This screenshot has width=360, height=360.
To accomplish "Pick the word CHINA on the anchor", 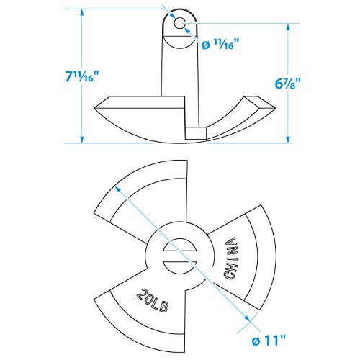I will coord(230,258).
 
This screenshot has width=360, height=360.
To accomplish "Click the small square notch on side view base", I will coord(195,133).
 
